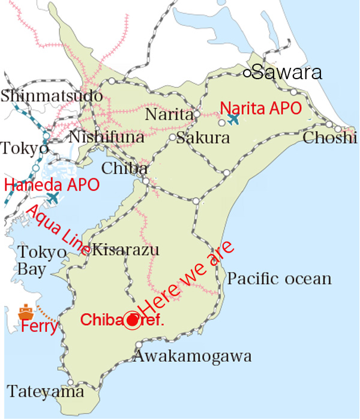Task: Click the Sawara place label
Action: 287,73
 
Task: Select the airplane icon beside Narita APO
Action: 233,119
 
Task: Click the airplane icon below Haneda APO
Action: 53,197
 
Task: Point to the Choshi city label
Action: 330,138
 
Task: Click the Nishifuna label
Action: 107,138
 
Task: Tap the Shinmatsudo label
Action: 52,95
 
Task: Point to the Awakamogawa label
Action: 193,357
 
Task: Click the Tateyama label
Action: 46,392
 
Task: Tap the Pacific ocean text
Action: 280,278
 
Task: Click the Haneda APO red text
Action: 52,185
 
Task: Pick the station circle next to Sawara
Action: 247,73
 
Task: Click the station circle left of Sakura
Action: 172,137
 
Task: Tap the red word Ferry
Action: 40,328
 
